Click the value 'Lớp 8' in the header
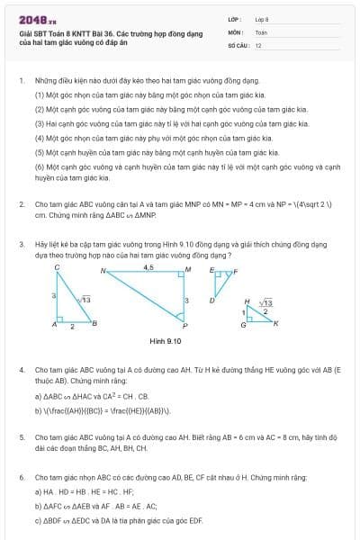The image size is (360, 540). (262, 19)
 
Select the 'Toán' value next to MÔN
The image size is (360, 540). (261, 31)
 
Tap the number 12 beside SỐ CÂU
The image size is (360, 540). (258, 44)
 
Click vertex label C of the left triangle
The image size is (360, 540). (57, 268)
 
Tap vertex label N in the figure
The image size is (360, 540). (103, 270)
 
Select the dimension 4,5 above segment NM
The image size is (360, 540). (148, 267)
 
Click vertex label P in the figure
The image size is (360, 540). (185, 326)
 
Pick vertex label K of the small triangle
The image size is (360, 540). (276, 322)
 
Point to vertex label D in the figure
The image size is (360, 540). (211, 300)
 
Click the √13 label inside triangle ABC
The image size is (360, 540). (85, 298)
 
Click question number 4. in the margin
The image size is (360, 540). (22, 370)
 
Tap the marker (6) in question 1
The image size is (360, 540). (40, 166)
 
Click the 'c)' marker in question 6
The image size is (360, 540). (38, 519)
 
